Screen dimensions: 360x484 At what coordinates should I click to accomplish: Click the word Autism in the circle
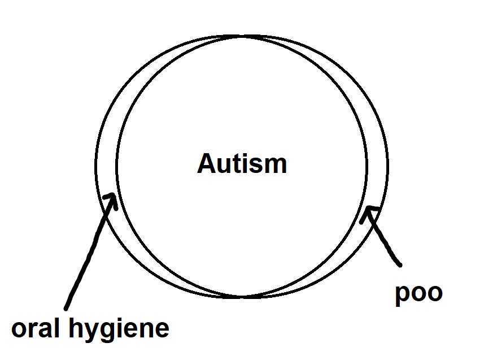click(x=242, y=164)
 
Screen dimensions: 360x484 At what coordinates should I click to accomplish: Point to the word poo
click(x=418, y=293)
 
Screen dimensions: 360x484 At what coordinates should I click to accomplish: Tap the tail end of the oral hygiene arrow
click(x=66, y=308)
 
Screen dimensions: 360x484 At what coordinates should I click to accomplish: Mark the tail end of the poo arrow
click(x=400, y=264)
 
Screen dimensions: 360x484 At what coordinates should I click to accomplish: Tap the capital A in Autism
click(x=206, y=164)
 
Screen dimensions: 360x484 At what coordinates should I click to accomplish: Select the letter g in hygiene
click(x=112, y=332)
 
